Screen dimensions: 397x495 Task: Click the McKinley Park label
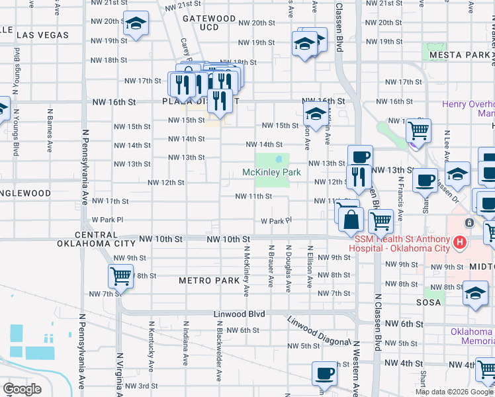pos(271,172)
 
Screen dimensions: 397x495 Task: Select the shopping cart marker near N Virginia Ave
pos(120,275)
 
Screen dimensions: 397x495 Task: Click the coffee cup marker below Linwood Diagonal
pos(324,374)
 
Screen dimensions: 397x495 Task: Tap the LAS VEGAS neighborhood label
pos(42,34)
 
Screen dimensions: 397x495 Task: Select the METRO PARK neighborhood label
pos(209,281)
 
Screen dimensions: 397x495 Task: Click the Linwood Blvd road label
pos(239,314)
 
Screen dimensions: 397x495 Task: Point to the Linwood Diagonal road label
pos(318,331)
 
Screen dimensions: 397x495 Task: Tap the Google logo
pos(22,389)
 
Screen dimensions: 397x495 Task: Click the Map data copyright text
pos(454,392)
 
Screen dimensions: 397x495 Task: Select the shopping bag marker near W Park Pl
pos(351,220)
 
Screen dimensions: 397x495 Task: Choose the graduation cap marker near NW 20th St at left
pos(136,24)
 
